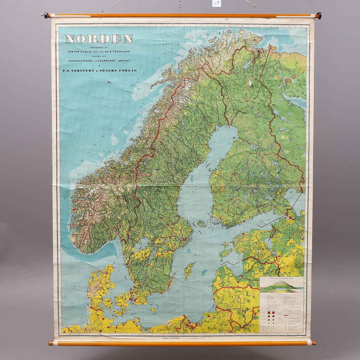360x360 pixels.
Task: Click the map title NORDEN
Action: coord(99,39)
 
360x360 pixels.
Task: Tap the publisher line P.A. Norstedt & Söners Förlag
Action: coord(100,70)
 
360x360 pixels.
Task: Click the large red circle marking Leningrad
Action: coord(290,217)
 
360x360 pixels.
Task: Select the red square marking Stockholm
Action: coord(184,239)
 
